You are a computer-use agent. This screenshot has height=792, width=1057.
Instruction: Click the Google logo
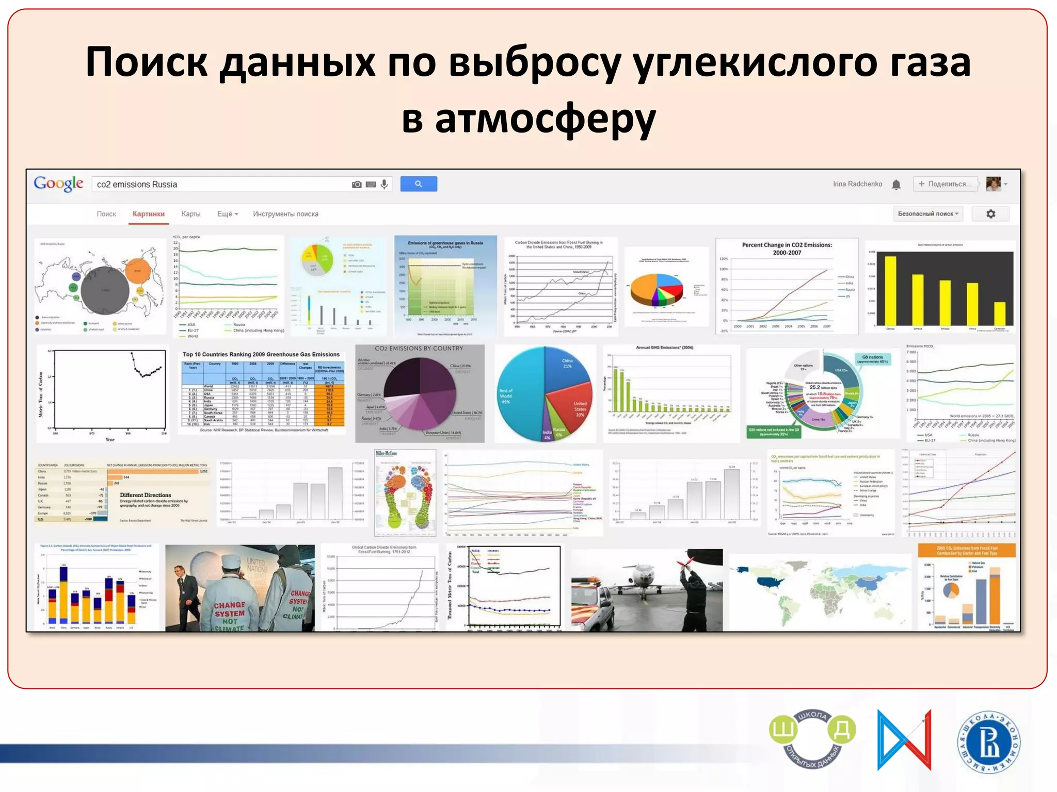coord(58,184)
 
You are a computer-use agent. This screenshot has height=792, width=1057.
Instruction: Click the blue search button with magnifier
coord(418,184)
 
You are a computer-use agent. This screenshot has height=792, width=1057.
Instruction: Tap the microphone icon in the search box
coord(384,184)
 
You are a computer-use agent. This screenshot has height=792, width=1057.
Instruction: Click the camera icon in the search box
coord(357,184)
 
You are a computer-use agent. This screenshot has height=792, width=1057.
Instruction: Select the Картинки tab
coord(149,214)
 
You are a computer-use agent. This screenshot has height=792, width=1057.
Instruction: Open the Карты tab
coord(190,214)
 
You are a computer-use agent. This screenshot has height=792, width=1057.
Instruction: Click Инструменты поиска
coord(285,214)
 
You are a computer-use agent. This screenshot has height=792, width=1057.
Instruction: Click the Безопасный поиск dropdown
coord(927,214)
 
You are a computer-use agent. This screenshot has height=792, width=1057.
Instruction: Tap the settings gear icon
coord(990,214)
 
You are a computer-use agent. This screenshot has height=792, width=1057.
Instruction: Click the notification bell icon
coord(896,185)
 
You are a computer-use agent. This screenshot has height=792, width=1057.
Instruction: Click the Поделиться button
coord(946,184)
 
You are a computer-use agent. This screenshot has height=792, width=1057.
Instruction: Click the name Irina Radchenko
coord(857,184)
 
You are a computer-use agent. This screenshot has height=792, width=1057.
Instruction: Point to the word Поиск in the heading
coord(147,62)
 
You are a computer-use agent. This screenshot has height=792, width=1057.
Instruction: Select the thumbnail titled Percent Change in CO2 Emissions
coord(787,286)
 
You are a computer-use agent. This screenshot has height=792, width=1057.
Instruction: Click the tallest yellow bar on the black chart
coord(890,290)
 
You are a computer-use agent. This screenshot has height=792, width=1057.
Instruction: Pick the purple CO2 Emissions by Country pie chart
coord(420,393)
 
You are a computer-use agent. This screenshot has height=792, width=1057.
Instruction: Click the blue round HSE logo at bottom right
coord(989,742)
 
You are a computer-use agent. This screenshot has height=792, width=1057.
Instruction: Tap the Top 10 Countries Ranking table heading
coord(261,354)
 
